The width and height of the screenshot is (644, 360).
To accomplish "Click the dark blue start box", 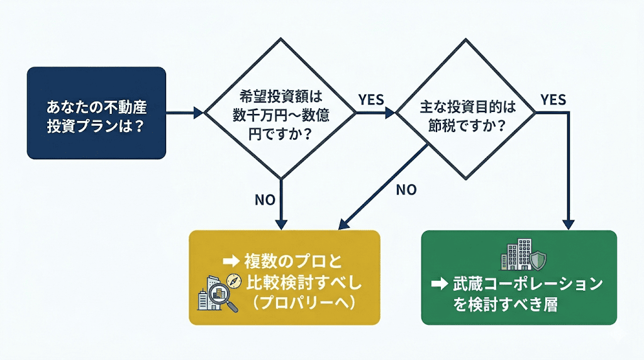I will (96, 113).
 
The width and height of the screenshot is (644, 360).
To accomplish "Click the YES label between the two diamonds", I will (371, 99).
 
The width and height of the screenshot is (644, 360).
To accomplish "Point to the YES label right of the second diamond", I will (553, 99).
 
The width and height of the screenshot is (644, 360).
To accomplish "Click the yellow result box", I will (285, 278).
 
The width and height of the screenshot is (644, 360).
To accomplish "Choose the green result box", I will (519, 278).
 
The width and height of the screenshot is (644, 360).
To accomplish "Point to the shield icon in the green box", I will (538, 259).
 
